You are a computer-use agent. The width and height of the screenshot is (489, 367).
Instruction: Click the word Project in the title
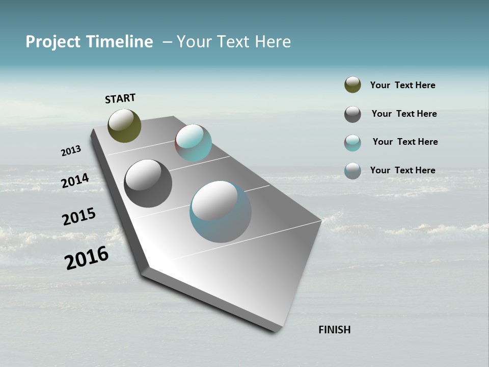coord(53,42)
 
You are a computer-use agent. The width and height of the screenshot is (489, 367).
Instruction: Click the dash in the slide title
coord(167,42)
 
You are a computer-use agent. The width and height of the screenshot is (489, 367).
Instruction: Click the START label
coord(120,98)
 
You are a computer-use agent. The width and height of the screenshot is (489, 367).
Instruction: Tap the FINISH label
coord(334,330)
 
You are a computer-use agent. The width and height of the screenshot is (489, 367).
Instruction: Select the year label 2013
coord(71,151)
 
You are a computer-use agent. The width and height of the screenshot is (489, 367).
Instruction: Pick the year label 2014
coord(75,180)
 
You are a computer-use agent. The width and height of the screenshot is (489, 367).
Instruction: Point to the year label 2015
coord(79,217)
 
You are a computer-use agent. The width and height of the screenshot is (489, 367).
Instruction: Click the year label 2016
coord(87,258)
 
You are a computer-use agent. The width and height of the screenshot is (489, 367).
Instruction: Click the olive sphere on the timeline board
coord(124,125)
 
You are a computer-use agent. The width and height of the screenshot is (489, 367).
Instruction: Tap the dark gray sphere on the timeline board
coord(148,183)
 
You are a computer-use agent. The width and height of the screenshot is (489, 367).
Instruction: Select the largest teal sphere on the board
coord(220,212)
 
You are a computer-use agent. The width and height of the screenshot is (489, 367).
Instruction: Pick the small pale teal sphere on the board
coord(193,143)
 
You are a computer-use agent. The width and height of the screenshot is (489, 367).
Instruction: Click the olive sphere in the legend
coord(352,85)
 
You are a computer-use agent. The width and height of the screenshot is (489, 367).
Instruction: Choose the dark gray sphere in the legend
coord(352,114)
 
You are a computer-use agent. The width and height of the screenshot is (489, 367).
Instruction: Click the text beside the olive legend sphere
coord(402,86)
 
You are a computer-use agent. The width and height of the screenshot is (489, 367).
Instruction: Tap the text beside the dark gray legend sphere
coord(404,114)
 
